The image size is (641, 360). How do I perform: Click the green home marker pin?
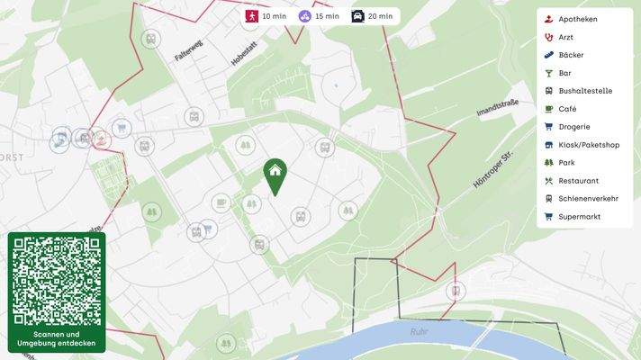tap(275, 174)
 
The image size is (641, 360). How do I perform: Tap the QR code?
tap(57, 280)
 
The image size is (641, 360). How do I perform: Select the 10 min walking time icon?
tap(253, 16)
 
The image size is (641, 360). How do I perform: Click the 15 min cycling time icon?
tap(306, 16)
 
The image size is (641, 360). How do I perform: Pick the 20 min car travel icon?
tap(358, 16)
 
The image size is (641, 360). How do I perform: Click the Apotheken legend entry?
tap(577, 19)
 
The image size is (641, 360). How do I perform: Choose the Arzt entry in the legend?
tap(565, 37)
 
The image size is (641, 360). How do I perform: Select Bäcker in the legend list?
tap(571, 55)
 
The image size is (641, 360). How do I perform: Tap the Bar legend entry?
tap(564, 73)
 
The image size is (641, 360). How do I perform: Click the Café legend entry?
tap(567, 109)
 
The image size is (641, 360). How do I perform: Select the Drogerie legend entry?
tap(573, 127)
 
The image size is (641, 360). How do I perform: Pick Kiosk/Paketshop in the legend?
tap(588, 145)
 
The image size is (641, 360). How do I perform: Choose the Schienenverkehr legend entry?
tap(588, 199)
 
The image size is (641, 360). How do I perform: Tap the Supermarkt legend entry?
tap(578, 217)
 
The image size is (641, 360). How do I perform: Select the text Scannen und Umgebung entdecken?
tap(57, 339)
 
